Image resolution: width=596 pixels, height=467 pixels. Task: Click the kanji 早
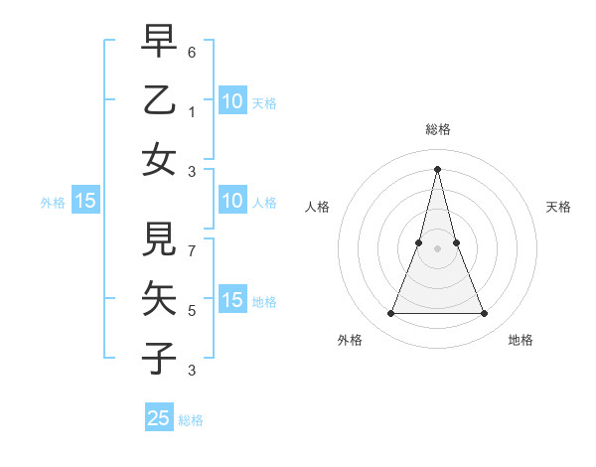click(159, 41)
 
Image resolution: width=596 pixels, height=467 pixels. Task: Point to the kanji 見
click(159, 240)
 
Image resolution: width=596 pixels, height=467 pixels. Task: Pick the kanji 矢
click(159, 299)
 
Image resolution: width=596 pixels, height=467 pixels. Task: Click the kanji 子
click(159, 359)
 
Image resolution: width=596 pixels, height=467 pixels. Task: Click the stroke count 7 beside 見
click(192, 241)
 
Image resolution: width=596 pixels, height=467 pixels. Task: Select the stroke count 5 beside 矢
click(192, 310)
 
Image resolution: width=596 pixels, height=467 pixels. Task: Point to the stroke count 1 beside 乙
click(192, 111)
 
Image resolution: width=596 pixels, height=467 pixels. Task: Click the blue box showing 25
click(159, 418)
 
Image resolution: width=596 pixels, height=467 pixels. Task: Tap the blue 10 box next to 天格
click(232, 100)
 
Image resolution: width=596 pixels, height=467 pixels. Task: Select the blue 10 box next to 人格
click(232, 201)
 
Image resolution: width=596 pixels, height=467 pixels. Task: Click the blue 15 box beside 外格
click(85, 201)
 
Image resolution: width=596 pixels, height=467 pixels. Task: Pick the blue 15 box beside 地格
click(232, 300)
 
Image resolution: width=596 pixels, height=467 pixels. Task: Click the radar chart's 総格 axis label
click(438, 129)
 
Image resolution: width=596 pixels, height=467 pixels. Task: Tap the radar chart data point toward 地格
click(485, 314)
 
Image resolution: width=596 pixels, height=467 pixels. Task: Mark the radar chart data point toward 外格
click(390, 314)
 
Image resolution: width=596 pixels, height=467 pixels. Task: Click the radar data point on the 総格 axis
click(438, 168)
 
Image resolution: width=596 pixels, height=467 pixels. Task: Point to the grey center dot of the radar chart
click(438, 248)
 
